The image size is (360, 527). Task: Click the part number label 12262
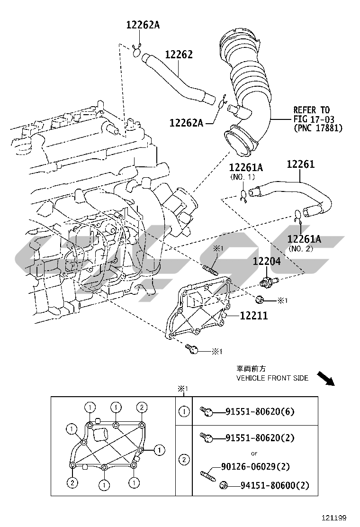coord(179,55)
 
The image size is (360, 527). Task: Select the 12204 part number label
coord(266,261)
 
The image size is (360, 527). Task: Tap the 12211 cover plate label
coord(253,315)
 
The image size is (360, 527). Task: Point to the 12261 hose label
coord(301,165)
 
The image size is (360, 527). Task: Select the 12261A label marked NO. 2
coord(305,239)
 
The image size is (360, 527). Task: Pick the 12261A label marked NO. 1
coord(246,167)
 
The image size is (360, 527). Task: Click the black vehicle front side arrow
coord(326,379)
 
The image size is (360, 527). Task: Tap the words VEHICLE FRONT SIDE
coord(272,378)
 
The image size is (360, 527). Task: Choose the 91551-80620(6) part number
coord(260,411)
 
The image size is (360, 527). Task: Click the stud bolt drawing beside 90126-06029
coord(207,472)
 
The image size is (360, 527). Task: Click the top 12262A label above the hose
coord(143,25)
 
